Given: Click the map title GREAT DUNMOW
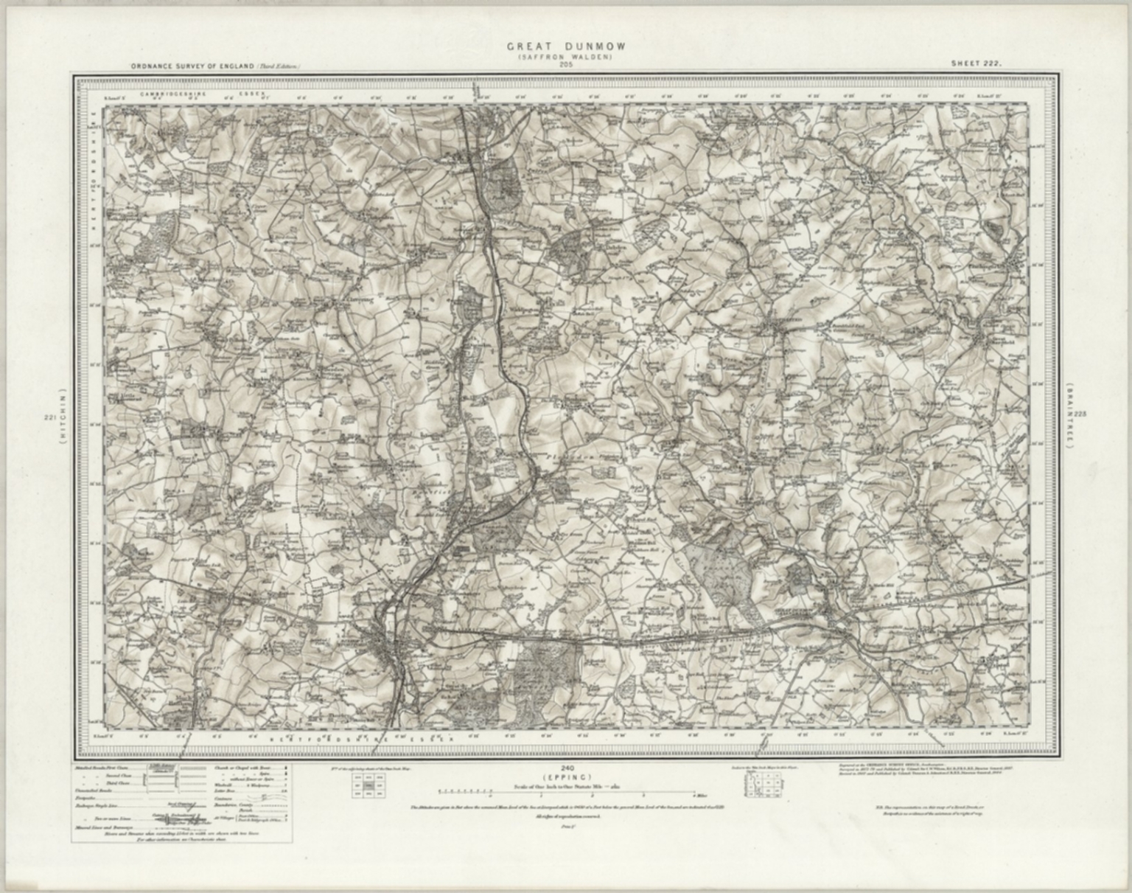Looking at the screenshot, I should (566, 46).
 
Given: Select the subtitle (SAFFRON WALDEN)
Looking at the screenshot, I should (566, 57).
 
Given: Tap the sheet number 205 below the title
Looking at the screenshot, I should (566, 65).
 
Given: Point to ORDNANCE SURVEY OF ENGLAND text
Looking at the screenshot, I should (193, 67).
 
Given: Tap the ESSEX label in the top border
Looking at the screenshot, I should (249, 94).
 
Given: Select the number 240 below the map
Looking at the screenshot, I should (566, 769).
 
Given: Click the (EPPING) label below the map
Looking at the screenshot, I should (566, 777).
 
